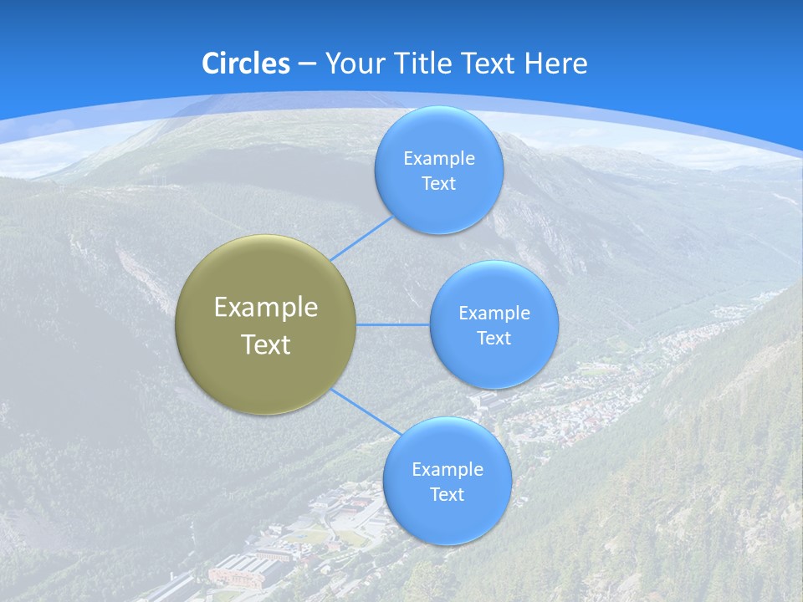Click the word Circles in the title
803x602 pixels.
(x=245, y=64)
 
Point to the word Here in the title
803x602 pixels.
(x=555, y=64)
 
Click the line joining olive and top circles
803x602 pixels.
(x=361, y=239)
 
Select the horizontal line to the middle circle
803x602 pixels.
(x=393, y=324)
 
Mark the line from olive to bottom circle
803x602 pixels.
(x=366, y=411)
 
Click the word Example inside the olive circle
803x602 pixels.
(x=265, y=308)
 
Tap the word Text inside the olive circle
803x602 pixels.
(x=265, y=344)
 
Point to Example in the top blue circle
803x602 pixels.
(x=438, y=158)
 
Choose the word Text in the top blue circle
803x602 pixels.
(x=438, y=183)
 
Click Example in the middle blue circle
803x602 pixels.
(x=494, y=313)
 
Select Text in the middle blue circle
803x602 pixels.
(x=494, y=338)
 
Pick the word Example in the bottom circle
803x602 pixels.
(x=447, y=469)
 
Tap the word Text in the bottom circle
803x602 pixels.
(x=447, y=494)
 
